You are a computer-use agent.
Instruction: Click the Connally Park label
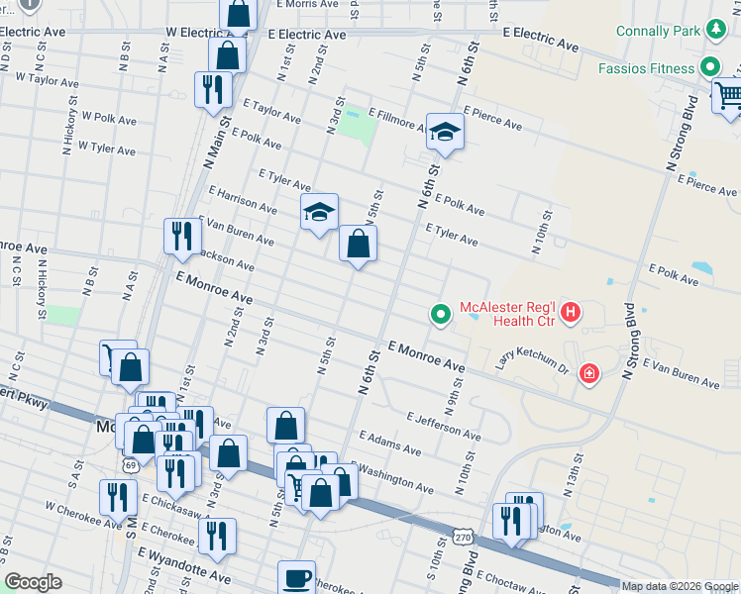point(657,31)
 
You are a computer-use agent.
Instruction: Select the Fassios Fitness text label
point(647,68)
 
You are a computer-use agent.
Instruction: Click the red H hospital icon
point(571,314)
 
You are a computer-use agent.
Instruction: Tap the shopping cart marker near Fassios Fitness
point(728,95)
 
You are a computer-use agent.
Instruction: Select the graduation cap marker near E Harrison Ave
point(319,211)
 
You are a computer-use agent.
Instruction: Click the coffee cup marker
point(295,576)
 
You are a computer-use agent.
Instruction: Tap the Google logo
point(33,582)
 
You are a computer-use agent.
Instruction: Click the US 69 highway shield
point(131,464)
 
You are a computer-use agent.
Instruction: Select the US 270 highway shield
point(462,536)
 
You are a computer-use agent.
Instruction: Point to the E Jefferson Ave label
point(443,427)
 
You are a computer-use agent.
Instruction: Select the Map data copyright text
point(679,586)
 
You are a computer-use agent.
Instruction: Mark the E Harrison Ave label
point(243,198)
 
